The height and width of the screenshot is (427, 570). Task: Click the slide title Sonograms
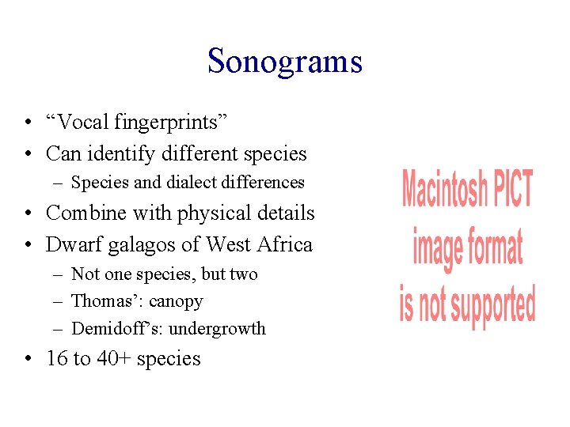pyautogui.click(x=285, y=61)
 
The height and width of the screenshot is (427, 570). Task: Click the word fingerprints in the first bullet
pyautogui.click(x=172, y=122)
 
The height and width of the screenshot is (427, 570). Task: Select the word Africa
pyautogui.click(x=283, y=244)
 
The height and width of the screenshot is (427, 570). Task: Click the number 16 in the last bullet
pyautogui.click(x=57, y=359)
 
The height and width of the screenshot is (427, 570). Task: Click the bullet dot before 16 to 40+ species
pyautogui.click(x=27, y=359)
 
